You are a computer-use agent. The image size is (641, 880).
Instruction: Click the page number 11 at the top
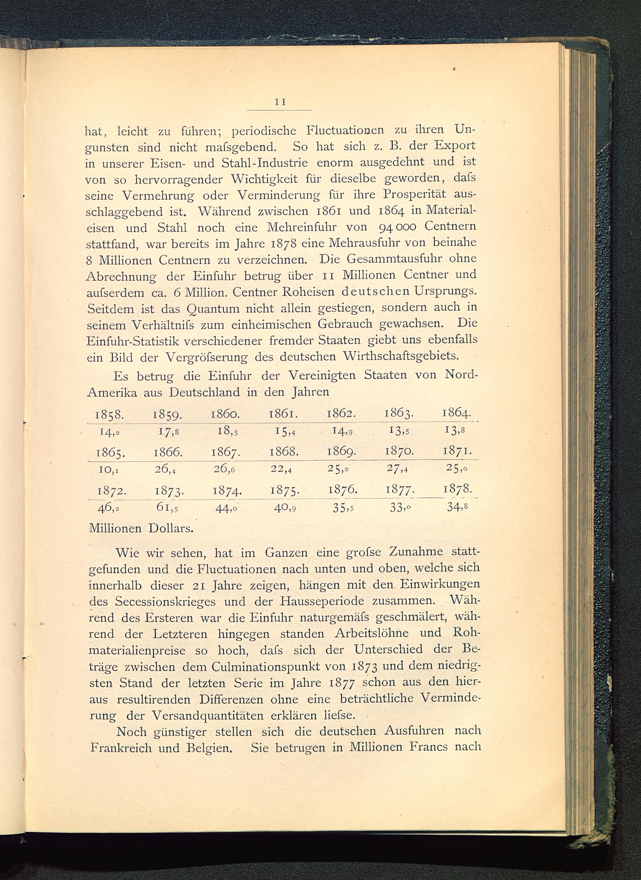(280, 102)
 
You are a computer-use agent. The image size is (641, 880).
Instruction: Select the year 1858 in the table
(110, 415)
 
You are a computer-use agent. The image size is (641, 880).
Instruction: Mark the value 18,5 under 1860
(226, 431)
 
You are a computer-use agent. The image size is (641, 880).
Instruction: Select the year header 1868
(284, 451)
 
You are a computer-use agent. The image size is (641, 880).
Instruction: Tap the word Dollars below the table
(171, 529)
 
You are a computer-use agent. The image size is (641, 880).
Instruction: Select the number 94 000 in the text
(397, 226)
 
